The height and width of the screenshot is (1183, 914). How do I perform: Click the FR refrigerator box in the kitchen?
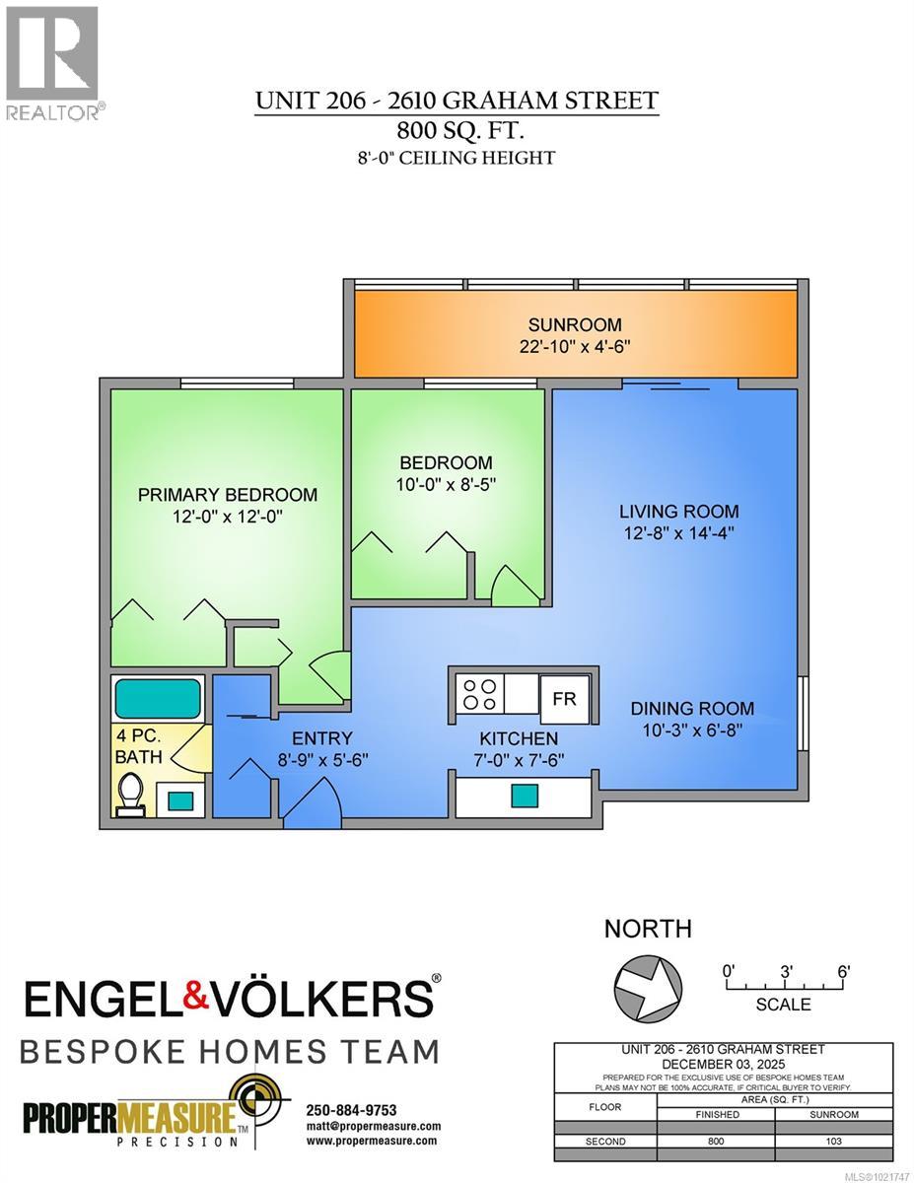pos(564,697)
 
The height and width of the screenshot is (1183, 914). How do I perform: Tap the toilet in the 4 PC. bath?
pos(130,793)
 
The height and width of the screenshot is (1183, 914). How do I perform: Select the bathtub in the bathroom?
pos(159,698)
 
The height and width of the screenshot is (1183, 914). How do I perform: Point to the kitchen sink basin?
pos(524,795)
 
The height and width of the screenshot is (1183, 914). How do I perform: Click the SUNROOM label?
pos(575,324)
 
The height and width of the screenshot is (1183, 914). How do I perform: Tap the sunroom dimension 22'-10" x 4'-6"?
pos(575,346)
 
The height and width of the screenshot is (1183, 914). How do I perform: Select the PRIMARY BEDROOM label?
pos(227,495)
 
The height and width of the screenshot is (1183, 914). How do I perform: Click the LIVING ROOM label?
pos(678,511)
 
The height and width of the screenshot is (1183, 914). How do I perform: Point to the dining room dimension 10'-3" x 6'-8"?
pos(692,730)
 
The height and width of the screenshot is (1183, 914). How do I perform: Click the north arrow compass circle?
pos(647,983)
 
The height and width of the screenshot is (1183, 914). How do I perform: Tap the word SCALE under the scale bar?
pos(784,1005)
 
